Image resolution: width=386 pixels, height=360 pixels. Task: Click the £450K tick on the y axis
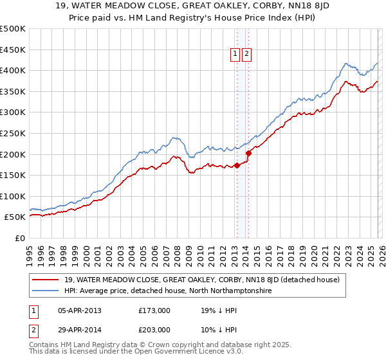tap(13, 50)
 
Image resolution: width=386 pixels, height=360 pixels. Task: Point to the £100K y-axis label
tap(13, 196)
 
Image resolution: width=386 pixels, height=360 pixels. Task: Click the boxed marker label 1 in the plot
tap(236, 55)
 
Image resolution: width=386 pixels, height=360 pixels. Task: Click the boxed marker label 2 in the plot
tap(247, 55)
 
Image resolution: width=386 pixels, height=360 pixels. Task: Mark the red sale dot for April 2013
tap(237, 165)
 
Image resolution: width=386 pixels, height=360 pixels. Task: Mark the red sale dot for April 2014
tap(248, 153)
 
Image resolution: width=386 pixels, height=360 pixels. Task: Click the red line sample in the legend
tap(46, 280)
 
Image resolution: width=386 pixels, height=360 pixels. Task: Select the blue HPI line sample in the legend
tap(46, 291)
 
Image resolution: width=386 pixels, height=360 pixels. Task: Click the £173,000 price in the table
tap(154, 310)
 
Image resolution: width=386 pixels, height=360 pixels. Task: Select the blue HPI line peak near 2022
tap(346, 64)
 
